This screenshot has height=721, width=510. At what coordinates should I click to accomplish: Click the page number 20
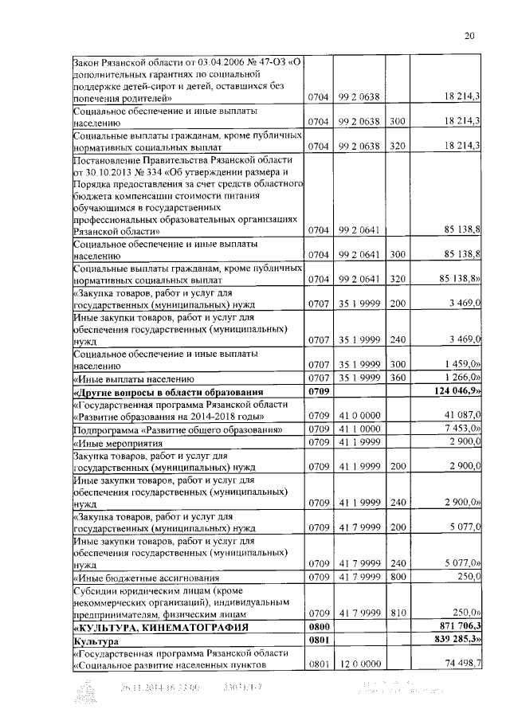(x=469, y=35)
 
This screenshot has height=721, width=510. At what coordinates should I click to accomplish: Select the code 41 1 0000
(x=357, y=429)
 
